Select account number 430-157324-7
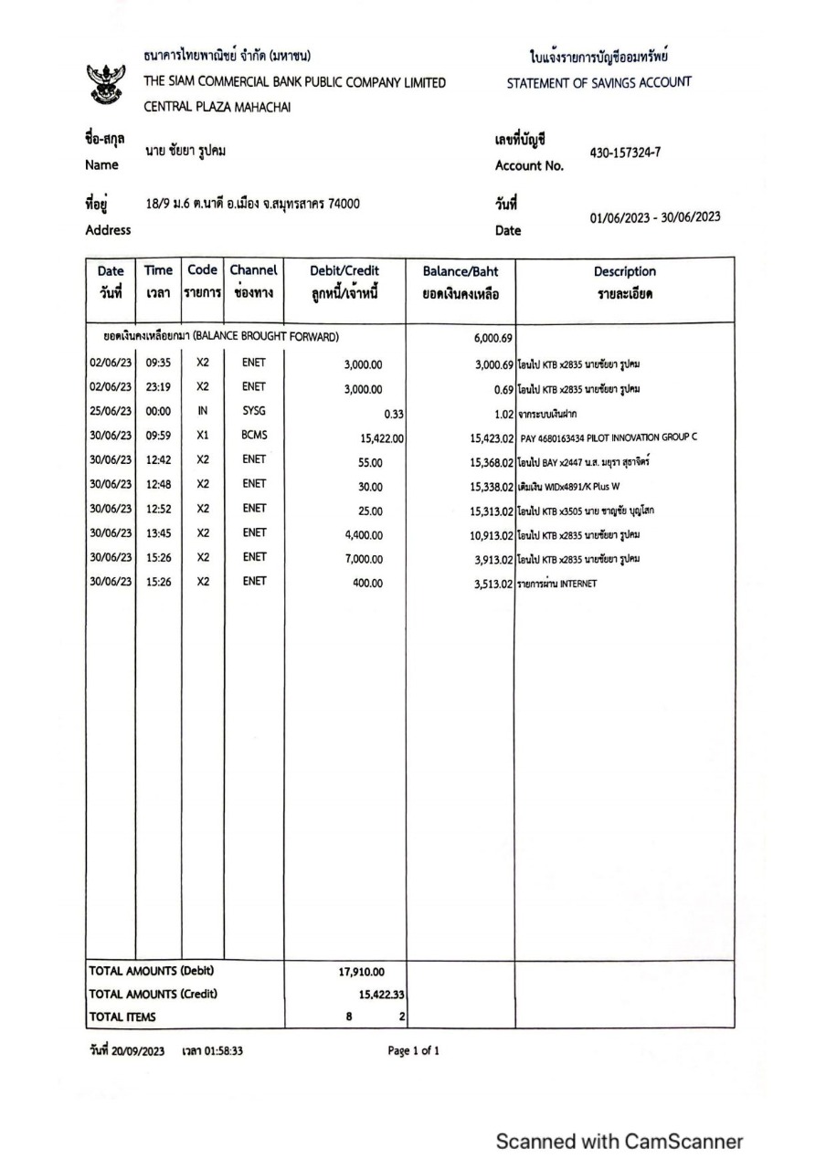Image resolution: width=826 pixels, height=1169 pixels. point(624,153)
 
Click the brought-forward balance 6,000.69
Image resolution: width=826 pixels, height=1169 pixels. point(492,338)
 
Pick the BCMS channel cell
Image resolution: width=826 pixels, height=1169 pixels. point(254,436)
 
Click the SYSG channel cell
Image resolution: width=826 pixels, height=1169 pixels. point(254,411)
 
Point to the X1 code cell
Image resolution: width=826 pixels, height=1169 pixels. point(203,436)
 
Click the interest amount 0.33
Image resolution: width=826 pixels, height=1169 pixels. point(394,413)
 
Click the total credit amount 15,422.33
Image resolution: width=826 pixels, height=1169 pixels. point(381,994)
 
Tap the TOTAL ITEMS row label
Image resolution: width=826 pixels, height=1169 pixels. point(122,1016)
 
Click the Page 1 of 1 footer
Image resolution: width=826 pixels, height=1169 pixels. point(413,1051)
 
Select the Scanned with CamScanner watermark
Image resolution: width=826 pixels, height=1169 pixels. point(619,1141)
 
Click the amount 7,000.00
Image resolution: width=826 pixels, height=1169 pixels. point(363,559)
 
